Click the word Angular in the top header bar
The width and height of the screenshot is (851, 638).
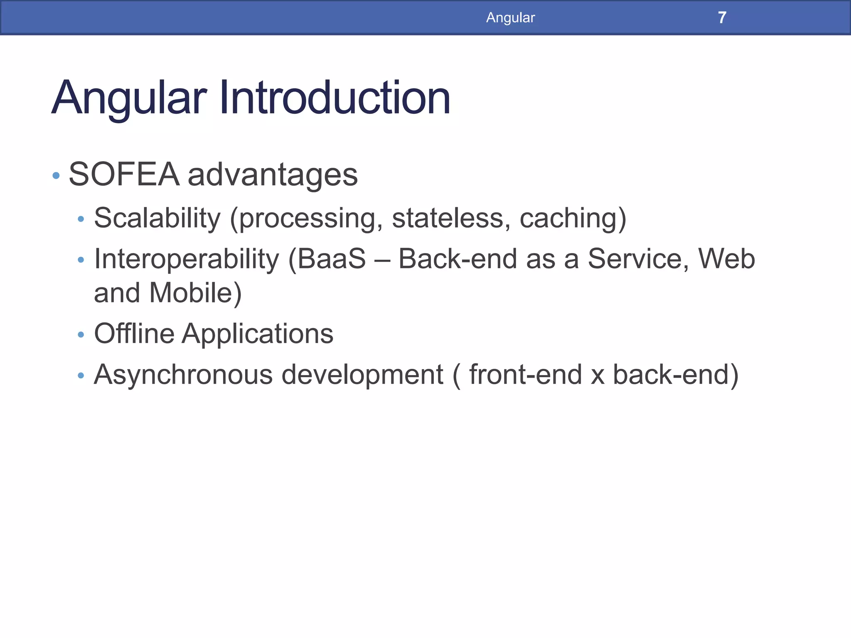(510, 17)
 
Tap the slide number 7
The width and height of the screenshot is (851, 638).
(722, 17)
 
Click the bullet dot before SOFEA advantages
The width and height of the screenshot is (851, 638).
(56, 176)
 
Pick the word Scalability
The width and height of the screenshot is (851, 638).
(157, 218)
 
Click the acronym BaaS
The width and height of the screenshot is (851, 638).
(331, 259)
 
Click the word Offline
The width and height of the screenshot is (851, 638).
(134, 334)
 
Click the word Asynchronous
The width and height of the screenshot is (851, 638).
(183, 375)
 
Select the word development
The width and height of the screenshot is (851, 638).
(362, 375)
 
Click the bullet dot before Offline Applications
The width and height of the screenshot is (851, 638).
(81, 334)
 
